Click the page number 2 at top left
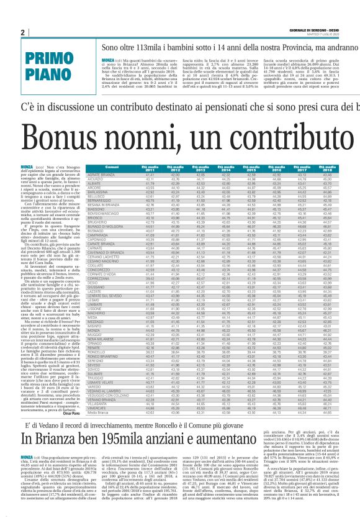[x=22, y=32]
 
